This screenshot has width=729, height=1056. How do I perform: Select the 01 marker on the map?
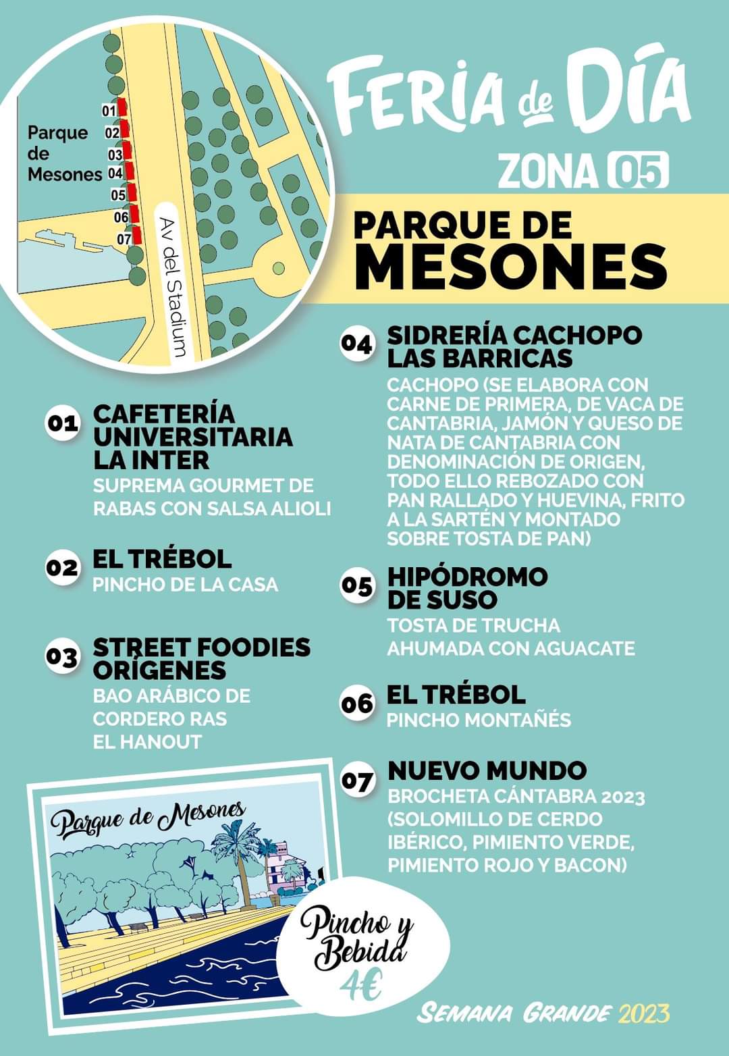pyautogui.click(x=109, y=110)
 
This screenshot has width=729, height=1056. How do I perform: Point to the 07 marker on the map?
pyautogui.click(x=124, y=238)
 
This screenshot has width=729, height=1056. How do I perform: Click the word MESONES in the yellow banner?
pyautogui.click(x=511, y=265)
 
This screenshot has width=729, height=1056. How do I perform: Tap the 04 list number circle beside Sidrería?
pyautogui.click(x=356, y=344)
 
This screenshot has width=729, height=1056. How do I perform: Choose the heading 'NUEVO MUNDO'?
pyautogui.click(x=487, y=770)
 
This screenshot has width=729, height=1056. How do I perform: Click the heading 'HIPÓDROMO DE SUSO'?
pyautogui.click(x=467, y=587)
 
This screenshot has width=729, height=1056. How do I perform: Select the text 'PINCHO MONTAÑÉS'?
pyautogui.click(x=479, y=720)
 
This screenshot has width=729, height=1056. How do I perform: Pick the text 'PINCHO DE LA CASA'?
pyautogui.click(x=185, y=584)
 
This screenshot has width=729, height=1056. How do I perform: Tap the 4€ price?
pyautogui.click(x=360, y=988)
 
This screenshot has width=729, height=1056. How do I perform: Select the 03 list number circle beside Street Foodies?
pyautogui.click(x=62, y=656)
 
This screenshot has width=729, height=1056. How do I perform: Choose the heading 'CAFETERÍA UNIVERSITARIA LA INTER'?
pyautogui.click(x=192, y=436)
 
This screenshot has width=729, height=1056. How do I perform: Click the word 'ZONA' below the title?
pyautogui.click(x=547, y=171)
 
